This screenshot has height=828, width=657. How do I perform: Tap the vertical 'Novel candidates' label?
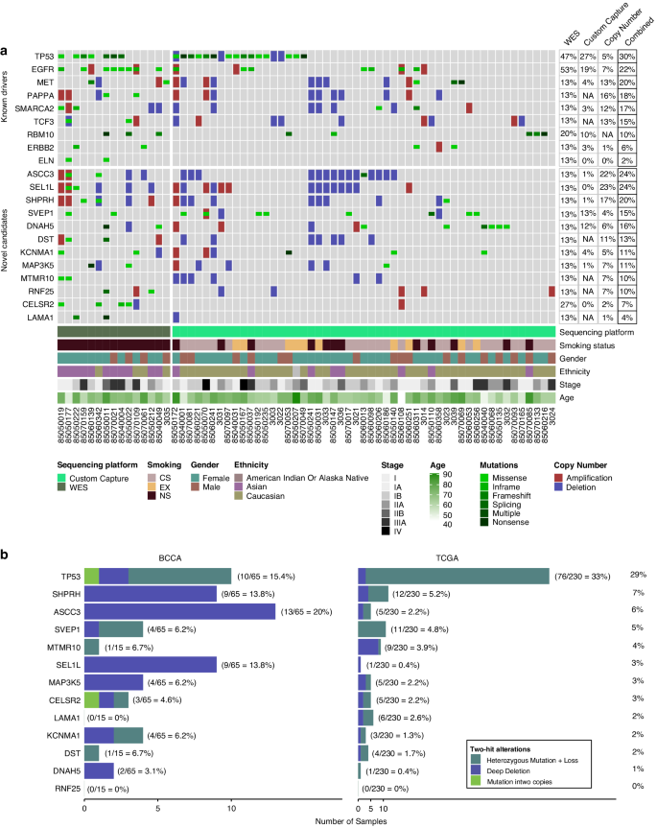coord(7,246)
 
